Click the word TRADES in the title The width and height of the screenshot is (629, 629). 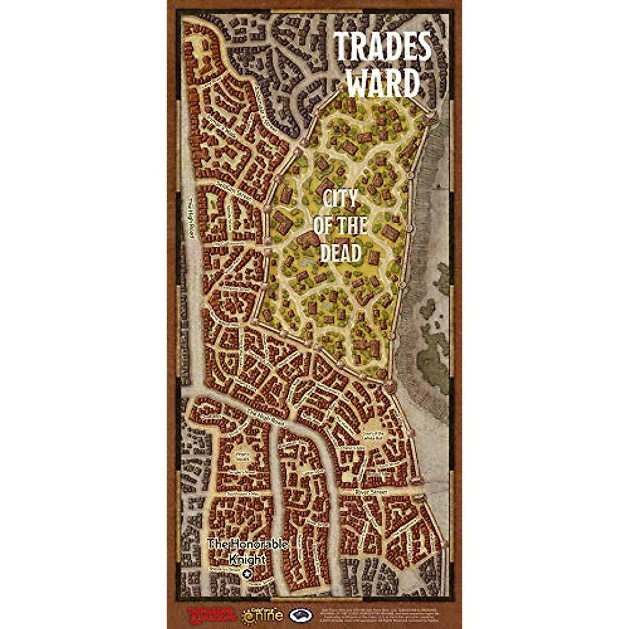[x=383, y=47]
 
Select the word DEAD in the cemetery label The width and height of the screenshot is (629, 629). [x=341, y=254]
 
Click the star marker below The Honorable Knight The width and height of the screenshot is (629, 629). [x=248, y=574]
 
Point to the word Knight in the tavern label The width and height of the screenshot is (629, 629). [x=247, y=559]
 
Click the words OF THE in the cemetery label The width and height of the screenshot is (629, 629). [x=340, y=226]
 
